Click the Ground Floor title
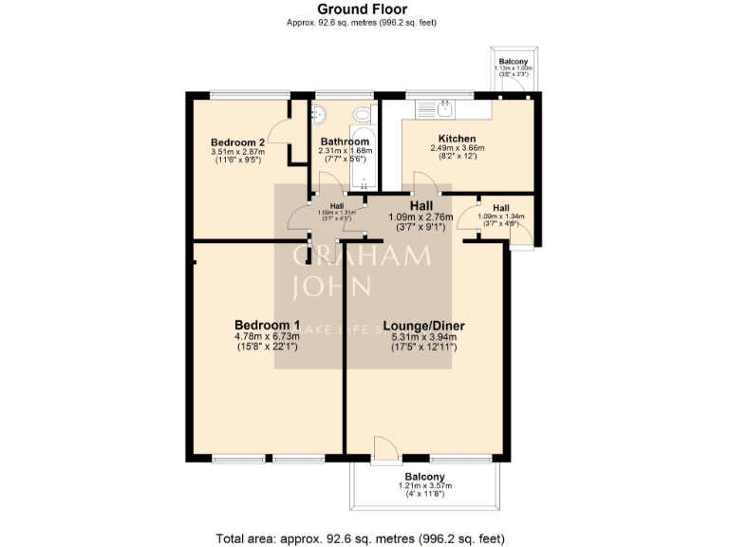pos(364,9)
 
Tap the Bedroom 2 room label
pos(235,141)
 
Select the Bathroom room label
pos(345,141)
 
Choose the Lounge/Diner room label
pos(424,326)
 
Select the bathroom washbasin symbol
pos(319,113)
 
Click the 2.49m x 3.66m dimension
pos(457,148)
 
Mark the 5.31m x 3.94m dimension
pos(424,336)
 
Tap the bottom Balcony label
pos(424,477)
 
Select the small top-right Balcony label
pos(514,61)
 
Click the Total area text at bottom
pos(364,538)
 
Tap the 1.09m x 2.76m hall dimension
pos(421,217)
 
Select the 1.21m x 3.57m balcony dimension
pos(424,486)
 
